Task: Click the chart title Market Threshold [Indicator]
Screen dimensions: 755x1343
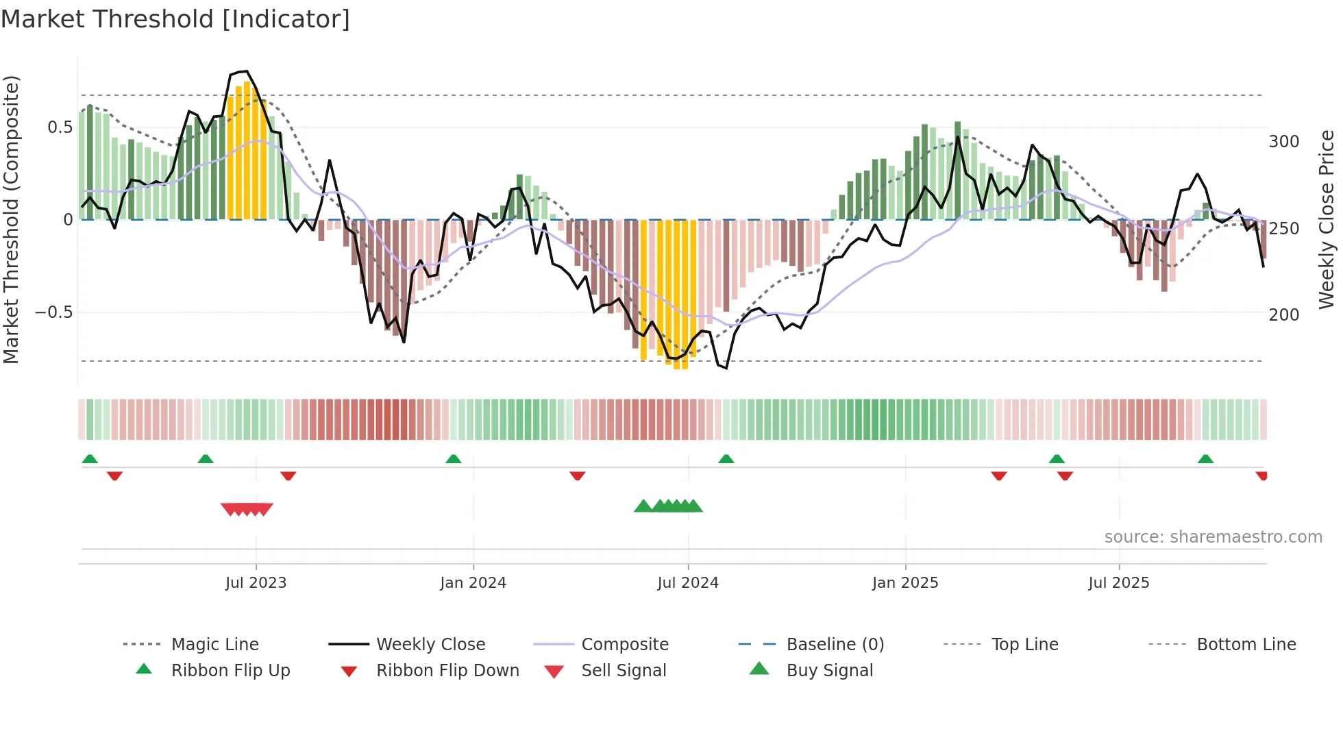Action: [175, 19]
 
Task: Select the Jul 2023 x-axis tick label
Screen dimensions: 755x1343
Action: [256, 583]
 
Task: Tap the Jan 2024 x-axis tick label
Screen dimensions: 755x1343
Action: [473, 583]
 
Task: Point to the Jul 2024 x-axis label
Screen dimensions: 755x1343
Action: [688, 583]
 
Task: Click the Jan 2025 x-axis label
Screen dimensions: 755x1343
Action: [905, 583]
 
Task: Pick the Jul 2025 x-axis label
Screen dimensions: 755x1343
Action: [1119, 583]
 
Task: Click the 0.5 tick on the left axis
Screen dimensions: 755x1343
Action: [60, 127]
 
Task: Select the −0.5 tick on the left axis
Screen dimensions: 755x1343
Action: [53, 312]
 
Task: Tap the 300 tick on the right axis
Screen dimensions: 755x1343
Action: [1284, 142]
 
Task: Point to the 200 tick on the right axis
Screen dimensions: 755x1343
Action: [1284, 315]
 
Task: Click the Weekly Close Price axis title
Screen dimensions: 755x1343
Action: [1327, 219]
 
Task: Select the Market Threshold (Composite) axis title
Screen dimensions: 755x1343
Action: [11, 219]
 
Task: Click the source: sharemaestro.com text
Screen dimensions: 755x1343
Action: [1213, 537]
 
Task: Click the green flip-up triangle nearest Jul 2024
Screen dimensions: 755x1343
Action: [726, 459]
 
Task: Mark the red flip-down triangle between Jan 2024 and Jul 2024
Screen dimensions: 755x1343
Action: [578, 475]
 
